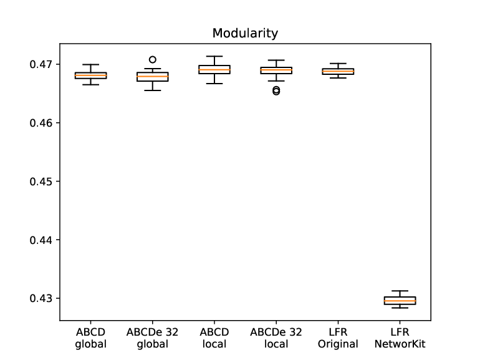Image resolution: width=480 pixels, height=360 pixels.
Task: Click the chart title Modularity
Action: pyautogui.click(x=245, y=34)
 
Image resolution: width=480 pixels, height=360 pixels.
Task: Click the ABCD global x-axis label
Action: pyautogui.click(x=90, y=338)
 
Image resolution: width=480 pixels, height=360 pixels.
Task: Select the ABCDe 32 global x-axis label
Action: pyautogui.click(x=153, y=338)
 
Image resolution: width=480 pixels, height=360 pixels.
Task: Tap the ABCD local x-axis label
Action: pyautogui.click(x=214, y=338)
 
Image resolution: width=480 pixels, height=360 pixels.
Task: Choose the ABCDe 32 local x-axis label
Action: pyautogui.click(x=276, y=338)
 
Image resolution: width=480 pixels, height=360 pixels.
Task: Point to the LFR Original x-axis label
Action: pyautogui.click(x=338, y=338)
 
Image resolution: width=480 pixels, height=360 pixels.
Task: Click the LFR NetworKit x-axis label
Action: pyautogui.click(x=400, y=338)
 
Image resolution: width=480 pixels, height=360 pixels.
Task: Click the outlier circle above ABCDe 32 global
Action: pyautogui.click(x=153, y=59)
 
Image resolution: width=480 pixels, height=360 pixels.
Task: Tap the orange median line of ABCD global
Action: pyautogui.click(x=90, y=75)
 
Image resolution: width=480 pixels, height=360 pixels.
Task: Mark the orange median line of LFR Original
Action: pyautogui.click(x=338, y=71)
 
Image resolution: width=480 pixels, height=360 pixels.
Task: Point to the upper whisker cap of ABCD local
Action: pyautogui.click(x=214, y=56)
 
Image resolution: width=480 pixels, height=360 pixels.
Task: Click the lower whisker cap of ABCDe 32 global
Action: pyautogui.click(x=153, y=90)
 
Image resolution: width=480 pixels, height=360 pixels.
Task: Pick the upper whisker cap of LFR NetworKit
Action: pyautogui.click(x=400, y=291)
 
